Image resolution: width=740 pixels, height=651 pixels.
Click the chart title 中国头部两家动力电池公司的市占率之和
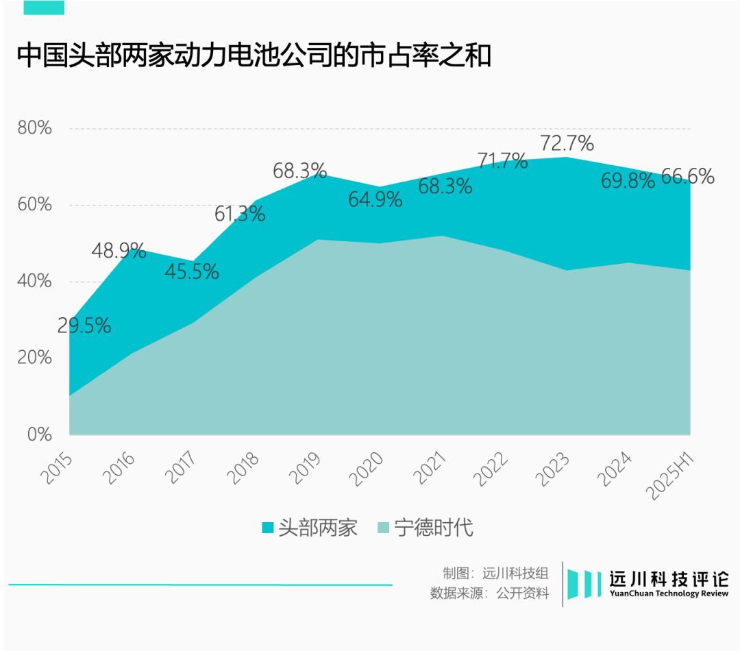pyautogui.click(x=254, y=56)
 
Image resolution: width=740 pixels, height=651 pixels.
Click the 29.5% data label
pyautogui.click(x=84, y=326)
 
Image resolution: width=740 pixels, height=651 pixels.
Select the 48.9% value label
pyautogui.click(x=119, y=251)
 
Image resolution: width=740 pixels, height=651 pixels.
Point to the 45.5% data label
pyautogui.click(x=192, y=272)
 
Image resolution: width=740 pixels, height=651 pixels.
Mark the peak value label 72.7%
pyautogui.click(x=567, y=144)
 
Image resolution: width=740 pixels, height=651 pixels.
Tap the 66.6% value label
pyautogui.click(x=687, y=177)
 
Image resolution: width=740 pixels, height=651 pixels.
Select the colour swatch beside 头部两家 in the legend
pyautogui.click(x=268, y=528)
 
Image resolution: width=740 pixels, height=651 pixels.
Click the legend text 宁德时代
pyautogui.click(x=434, y=528)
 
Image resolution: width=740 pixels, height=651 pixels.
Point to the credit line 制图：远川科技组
pyautogui.click(x=495, y=574)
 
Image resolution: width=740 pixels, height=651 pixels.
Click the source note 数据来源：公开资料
pyautogui.click(x=489, y=593)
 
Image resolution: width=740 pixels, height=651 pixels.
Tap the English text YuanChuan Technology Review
pyautogui.click(x=669, y=593)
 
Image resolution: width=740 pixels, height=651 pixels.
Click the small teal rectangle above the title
pyautogui.click(x=44, y=8)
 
